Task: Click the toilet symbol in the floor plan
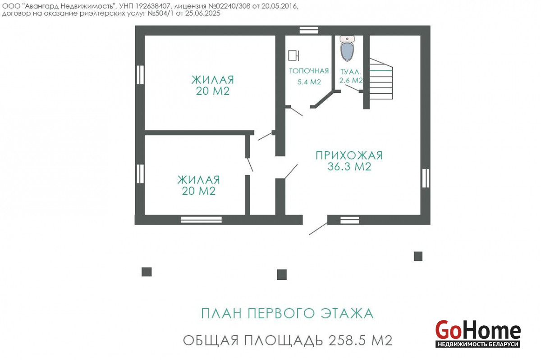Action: tap(347, 48)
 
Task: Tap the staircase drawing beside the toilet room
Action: tap(381, 79)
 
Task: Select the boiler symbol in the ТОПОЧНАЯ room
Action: tap(293, 55)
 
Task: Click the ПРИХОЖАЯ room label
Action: tap(349, 155)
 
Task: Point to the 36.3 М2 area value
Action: tap(349, 167)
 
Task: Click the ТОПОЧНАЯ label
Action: tap(309, 71)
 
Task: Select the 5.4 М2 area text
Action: tap(309, 82)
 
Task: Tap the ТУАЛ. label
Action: tap(351, 72)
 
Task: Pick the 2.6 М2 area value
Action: tap(351, 80)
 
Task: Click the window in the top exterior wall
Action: tap(309, 31)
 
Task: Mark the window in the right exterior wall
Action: tap(426, 178)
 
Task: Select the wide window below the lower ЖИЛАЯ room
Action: tap(201, 220)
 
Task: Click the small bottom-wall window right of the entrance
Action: tap(350, 220)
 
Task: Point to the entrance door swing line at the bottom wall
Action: tap(318, 228)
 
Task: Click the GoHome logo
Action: tap(478, 334)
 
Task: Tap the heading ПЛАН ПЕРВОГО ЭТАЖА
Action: tap(287, 314)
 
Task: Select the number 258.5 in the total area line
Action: tap(347, 341)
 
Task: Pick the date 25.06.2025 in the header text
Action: tap(202, 13)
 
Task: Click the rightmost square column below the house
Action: tap(418, 256)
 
